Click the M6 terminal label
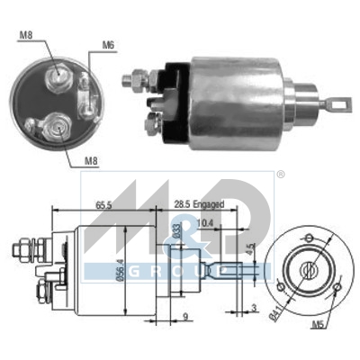click(108, 44)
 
